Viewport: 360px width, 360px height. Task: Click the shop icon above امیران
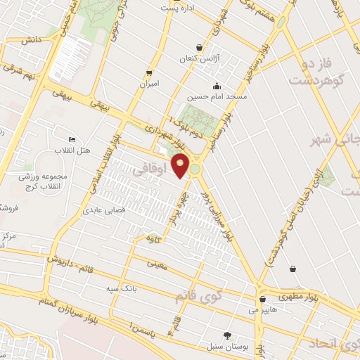pos(148,72)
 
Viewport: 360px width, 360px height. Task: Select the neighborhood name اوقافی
pos(153,171)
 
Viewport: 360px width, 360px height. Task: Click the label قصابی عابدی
pos(104,210)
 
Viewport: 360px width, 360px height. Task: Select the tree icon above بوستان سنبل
pos(226,335)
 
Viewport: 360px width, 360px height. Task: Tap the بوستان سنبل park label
pos(225,347)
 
